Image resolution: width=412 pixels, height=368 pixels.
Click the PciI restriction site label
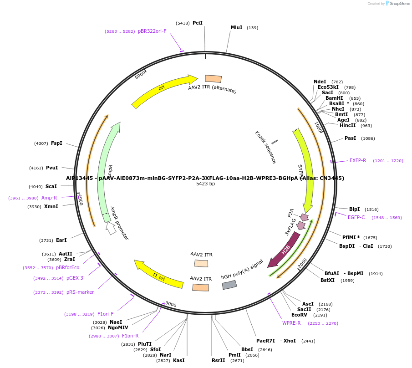pyautogui.click(x=198, y=23)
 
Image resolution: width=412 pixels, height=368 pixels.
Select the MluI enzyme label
pyautogui.click(x=236, y=28)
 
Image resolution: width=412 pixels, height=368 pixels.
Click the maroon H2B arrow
pyautogui.click(x=284, y=250)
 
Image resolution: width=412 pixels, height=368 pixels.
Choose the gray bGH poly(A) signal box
pyautogui.click(x=229, y=285)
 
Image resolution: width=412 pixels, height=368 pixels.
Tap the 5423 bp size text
pyautogui.click(x=205, y=184)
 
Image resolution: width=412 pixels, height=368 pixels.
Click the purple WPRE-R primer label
pyautogui.click(x=291, y=323)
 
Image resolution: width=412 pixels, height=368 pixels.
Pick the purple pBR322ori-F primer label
pyautogui.click(x=152, y=31)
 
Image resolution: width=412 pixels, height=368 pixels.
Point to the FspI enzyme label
pyautogui.click(x=56, y=143)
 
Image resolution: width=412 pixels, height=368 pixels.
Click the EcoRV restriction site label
pyautogui.click(x=300, y=315)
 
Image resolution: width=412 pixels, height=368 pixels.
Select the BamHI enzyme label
pyautogui.click(x=334, y=98)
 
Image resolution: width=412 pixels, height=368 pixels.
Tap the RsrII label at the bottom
pyautogui.click(x=218, y=361)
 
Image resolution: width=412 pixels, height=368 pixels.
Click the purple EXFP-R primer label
pyautogui.click(x=358, y=161)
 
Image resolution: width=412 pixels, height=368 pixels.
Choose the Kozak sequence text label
pyautogui.click(x=265, y=147)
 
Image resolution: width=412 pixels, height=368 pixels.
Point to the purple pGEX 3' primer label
pyautogui.click(x=75, y=278)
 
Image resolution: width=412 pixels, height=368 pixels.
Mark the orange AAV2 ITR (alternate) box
pyautogui.click(x=213, y=79)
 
